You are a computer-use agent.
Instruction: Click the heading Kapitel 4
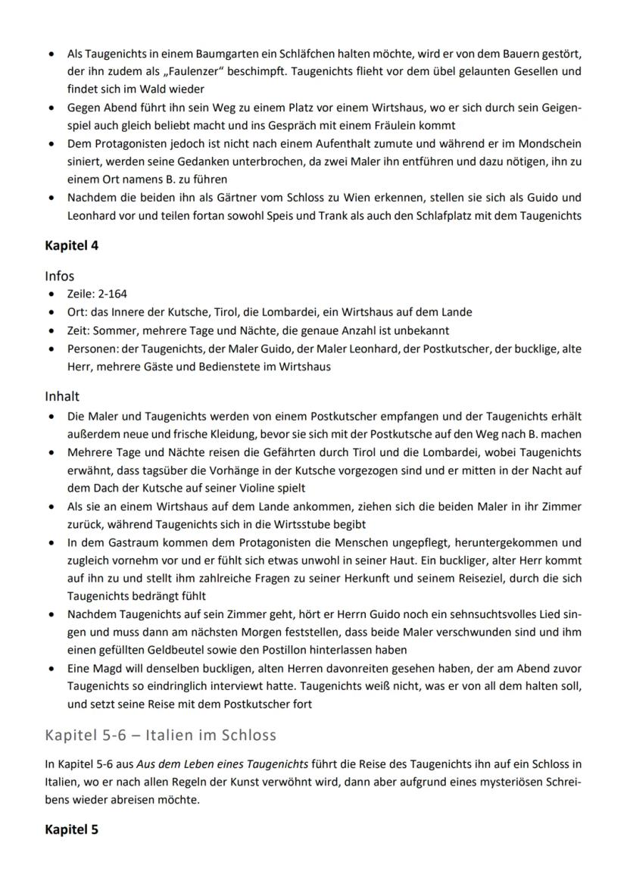(71, 245)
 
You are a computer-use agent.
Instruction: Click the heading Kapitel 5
(71, 829)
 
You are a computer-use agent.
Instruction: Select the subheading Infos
(60, 276)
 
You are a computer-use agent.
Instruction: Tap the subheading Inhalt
(62, 396)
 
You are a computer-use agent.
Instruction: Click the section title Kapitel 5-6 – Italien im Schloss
(161, 735)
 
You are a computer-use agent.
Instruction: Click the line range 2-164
(114, 295)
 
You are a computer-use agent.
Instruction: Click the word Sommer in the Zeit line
(111, 330)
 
